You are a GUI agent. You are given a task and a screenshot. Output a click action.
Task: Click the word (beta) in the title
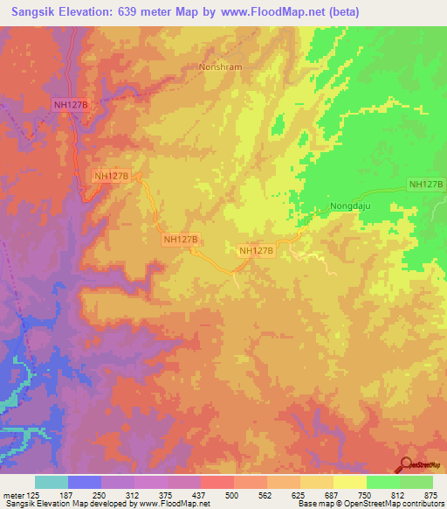(x=339, y=12)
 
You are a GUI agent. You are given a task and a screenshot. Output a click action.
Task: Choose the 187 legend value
(x=67, y=495)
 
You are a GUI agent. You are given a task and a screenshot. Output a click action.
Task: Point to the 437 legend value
(x=200, y=495)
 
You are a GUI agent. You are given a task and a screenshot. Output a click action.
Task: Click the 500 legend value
(x=233, y=495)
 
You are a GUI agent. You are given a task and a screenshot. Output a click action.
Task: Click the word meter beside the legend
(x=12, y=495)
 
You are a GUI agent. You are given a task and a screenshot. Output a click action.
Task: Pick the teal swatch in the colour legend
(x=51, y=482)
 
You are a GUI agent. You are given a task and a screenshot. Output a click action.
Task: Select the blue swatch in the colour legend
(x=84, y=482)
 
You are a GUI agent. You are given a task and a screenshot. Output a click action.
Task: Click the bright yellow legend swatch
(x=349, y=482)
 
